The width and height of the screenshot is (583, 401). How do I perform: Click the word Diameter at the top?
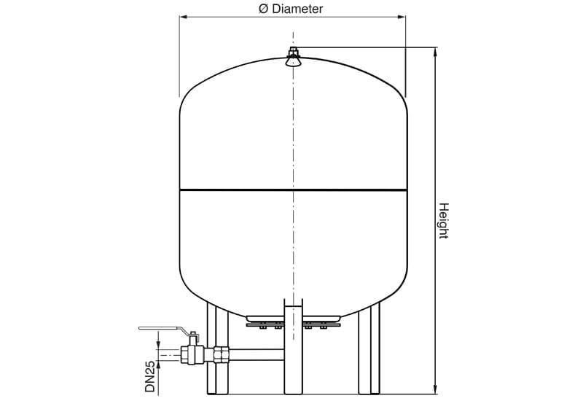(297, 9)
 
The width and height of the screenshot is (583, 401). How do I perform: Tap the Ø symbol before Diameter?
(265, 9)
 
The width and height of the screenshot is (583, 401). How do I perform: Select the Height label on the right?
(443, 220)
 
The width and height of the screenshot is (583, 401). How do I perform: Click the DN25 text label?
(150, 377)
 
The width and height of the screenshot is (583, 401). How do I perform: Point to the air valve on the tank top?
(293, 58)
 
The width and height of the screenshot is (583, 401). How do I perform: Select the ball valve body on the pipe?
(193, 355)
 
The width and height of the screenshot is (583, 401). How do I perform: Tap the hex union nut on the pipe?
(222, 355)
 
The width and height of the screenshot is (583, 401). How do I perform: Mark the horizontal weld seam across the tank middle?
(293, 191)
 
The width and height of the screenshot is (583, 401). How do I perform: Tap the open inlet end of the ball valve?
(179, 356)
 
